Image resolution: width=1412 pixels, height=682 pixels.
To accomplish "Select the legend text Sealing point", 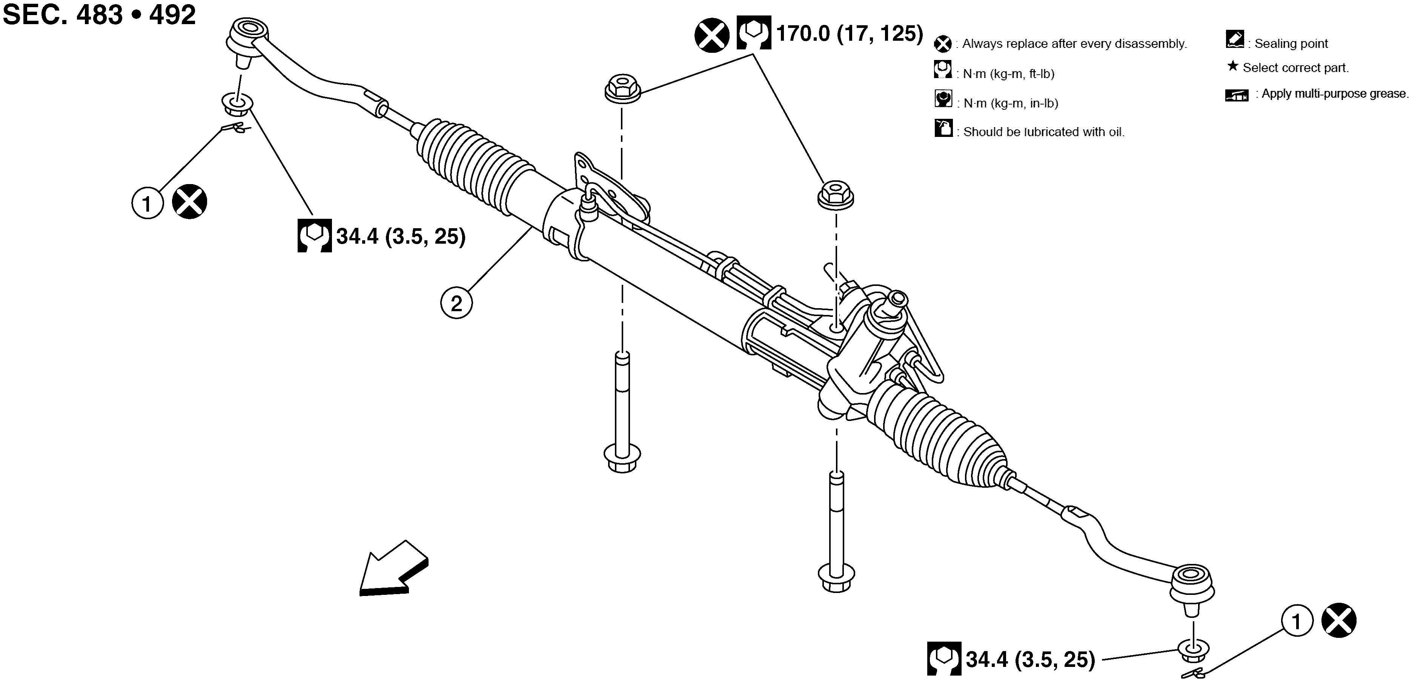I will click(x=1291, y=43).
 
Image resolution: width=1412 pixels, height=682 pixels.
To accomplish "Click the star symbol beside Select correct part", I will click(x=1232, y=66).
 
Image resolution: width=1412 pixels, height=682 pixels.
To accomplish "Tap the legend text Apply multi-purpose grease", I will click(x=1334, y=94).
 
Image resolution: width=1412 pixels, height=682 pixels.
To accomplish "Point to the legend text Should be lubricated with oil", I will click(x=1044, y=132).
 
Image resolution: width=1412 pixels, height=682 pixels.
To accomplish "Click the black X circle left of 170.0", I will click(x=711, y=35).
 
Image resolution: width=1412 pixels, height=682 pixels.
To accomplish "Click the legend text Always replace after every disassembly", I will click(x=1074, y=44).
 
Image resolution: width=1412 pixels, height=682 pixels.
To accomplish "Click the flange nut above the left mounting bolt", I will click(x=622, y=88).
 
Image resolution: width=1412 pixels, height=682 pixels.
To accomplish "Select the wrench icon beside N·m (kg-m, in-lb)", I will click(x=943, y=99).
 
